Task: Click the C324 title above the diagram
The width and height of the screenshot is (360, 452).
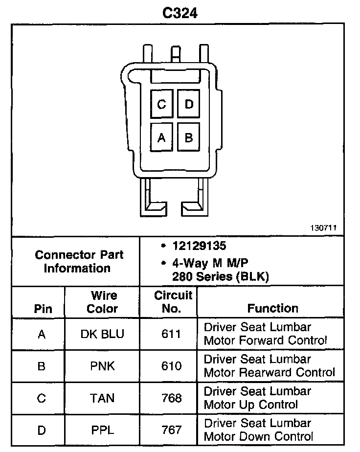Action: pyautogui.click(x=180, y=13)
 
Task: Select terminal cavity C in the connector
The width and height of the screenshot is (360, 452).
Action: pyautogui.click(x=162, y=104)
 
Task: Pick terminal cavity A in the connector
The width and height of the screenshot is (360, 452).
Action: pyautogui.click(x=162, y=137)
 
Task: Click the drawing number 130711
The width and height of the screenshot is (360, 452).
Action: pyautogui.click(x=323, y=228)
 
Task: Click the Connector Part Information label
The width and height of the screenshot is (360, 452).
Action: pyautogui.click(x=79, y=261)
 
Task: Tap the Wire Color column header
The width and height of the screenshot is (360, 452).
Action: pyautogui.click(x=102, y=302)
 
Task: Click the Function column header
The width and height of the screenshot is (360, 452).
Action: pyautogui.click(x=272, y=308)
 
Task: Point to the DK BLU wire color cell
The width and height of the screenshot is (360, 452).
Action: pyautogui.click(x=102, y=334)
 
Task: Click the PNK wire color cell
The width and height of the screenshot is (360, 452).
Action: pyautogui.click(x=102, y=366)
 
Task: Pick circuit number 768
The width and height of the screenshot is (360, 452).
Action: pyautogui.click(x=171, y=398)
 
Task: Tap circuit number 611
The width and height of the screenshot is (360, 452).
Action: pyautogui.click(x=171, y=334)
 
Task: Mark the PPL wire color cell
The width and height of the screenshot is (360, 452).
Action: pyautogui.click(x=102, y=430)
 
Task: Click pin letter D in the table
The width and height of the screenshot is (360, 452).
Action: pyautogui.click(x=42, y=430)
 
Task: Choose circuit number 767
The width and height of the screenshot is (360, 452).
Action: pyautogui.click(x=171, y=430)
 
